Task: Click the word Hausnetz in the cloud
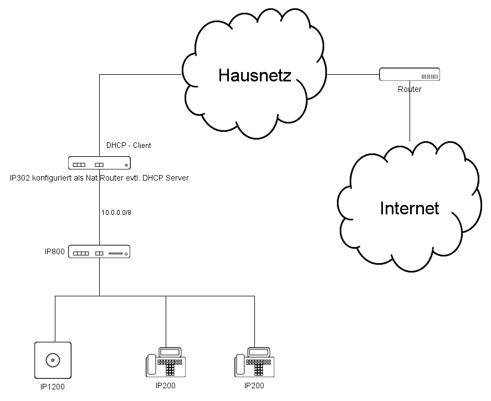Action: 254,75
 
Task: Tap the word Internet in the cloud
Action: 410,208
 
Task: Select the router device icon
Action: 410,75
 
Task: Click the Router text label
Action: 410,89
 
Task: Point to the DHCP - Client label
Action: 129,146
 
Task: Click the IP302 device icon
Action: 99,163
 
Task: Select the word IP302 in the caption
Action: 19,178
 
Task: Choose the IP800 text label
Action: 55,252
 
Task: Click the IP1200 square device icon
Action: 53,361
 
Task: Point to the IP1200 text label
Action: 53,387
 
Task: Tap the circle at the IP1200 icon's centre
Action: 53,361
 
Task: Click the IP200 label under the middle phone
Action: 166,386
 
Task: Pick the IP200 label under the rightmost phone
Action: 254,386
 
